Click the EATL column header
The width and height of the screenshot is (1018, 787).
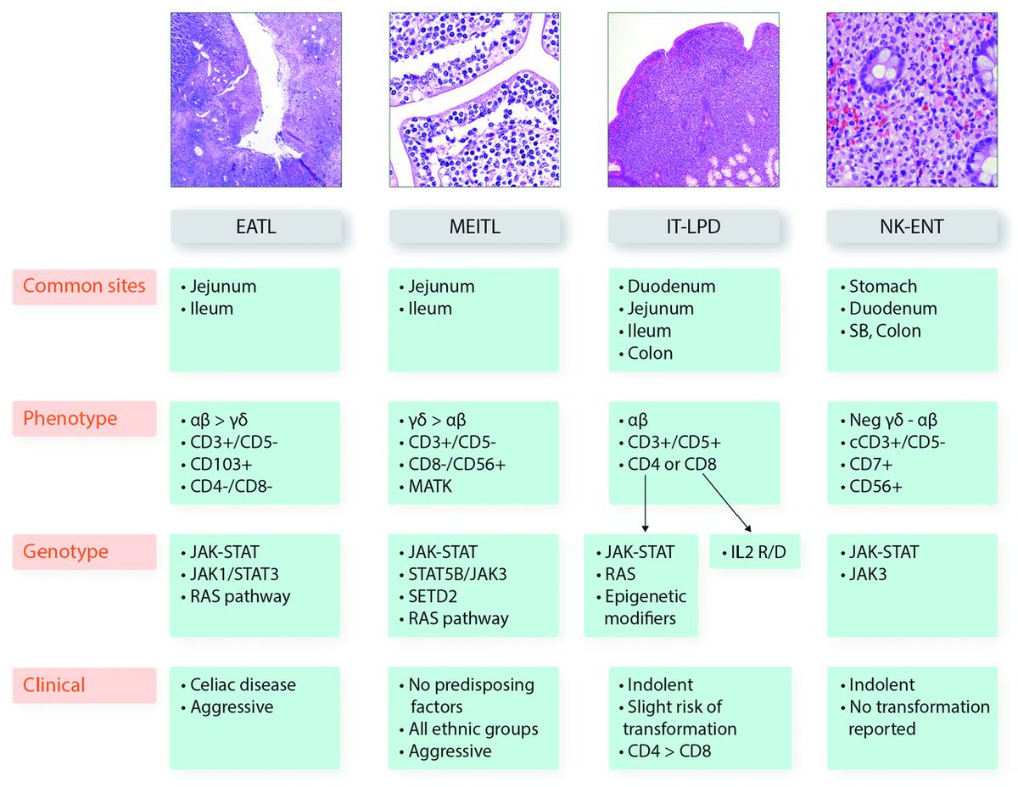255,227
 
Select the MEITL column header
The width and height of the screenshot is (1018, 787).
474,227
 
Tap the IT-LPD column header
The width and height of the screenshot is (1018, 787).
693,227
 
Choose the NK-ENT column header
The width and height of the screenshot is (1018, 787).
912,227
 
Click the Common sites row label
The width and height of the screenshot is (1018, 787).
84,287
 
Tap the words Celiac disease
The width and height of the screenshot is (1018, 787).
239,684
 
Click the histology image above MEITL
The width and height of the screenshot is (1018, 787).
474,99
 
